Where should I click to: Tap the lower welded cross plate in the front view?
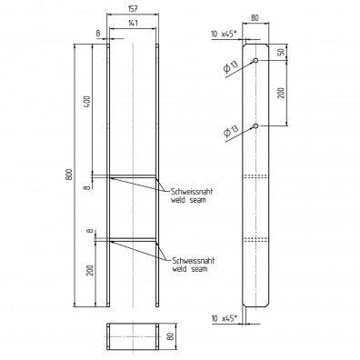(x=134, y=240)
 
